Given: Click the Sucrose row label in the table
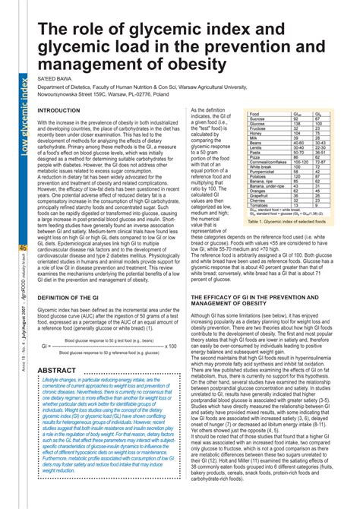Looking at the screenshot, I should pyautogui.click(x=257, y=119).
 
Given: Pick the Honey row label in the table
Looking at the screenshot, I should pyautogui.click(x=256, y=132).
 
